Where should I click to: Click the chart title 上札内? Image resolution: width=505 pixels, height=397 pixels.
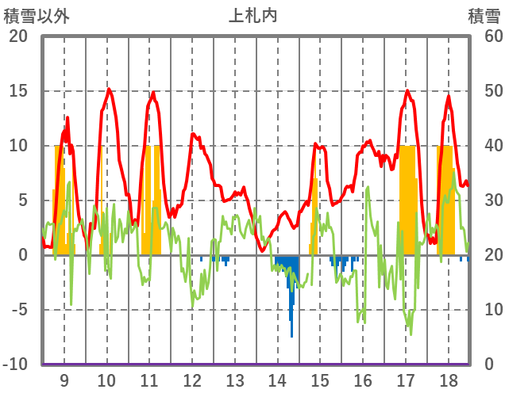[252, 15]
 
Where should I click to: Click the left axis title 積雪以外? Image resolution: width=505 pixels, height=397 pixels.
[31, 15]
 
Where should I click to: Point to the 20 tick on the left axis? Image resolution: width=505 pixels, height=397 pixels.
[17, 36]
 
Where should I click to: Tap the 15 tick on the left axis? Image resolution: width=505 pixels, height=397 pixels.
[17, 91]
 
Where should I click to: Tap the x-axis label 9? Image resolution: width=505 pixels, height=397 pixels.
[64, 380]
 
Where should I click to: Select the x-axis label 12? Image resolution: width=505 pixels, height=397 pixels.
[192, 380]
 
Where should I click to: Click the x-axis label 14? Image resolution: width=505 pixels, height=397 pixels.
[278, 380]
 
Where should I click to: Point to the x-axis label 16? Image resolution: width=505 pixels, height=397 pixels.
[363, 380]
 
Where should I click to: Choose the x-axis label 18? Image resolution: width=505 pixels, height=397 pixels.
[448, 380]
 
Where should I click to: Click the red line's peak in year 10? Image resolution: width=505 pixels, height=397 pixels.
[109, 89]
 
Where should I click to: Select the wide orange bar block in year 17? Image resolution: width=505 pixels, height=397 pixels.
[407, 198]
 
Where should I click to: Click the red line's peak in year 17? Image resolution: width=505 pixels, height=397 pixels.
[408, 90]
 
